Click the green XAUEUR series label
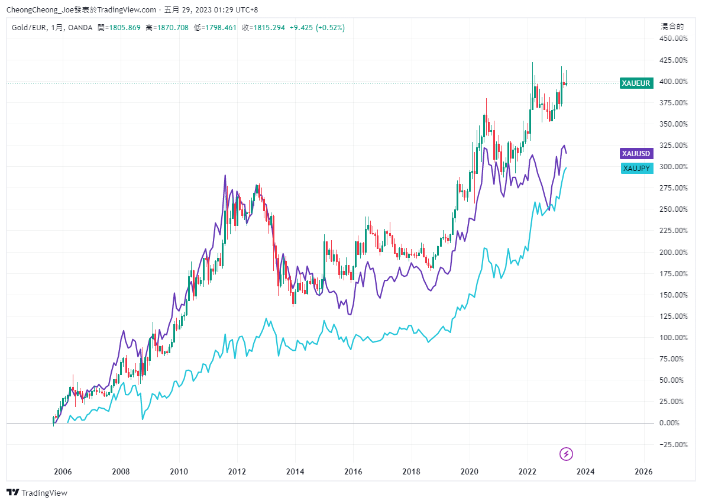[x=636, y=83]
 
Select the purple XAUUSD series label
[x=636, y=154]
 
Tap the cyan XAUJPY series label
[x=637, y=169]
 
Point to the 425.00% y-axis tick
[x=673, y=60]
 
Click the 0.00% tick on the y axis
[x=675, y=423]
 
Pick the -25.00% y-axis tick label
[x=674, y=444]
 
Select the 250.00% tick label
[x=673, y=209]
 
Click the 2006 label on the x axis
[x=63, y=471]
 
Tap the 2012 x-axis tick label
[x=237, y=471]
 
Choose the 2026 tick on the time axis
[x=643, y=471]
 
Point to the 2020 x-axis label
[x=470, y=471]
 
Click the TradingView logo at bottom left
[x=37, y=492]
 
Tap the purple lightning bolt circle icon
[x=567, y=454]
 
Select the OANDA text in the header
[x=80, y=27]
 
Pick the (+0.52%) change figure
[x=330, y=27]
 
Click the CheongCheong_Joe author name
[x=39, y=9]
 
